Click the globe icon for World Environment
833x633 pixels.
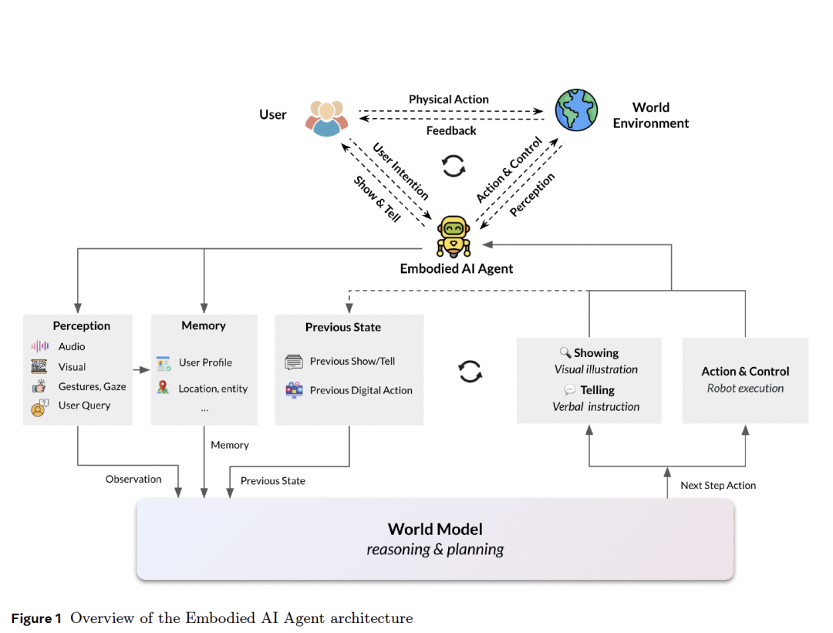click(576, 110)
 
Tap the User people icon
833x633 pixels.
click(326, 117)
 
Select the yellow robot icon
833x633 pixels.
click(454, 236)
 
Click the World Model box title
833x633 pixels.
click(435, 529)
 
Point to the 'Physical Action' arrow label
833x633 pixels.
click(448, 99)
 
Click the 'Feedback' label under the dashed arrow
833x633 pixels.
click(451, 131)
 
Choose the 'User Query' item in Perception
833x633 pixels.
click(84, 406)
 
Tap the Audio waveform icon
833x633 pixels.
click(39, 346)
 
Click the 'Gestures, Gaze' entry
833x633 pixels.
click(92, 386)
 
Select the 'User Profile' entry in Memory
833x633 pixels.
click(205, 362)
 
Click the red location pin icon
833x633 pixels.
click(163, 387)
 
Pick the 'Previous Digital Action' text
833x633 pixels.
click(361, 390)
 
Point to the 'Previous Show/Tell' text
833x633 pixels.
click(352, 361)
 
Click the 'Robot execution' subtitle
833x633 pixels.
click(745, 389)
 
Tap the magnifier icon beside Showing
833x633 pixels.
click(565, 352)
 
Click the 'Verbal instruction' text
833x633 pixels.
click(595, 406)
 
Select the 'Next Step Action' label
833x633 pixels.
click(718, 486)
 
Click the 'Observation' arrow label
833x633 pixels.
click(133, 480)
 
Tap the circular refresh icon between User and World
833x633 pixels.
click(454, 165)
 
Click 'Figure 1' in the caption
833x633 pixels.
click(36, 618)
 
